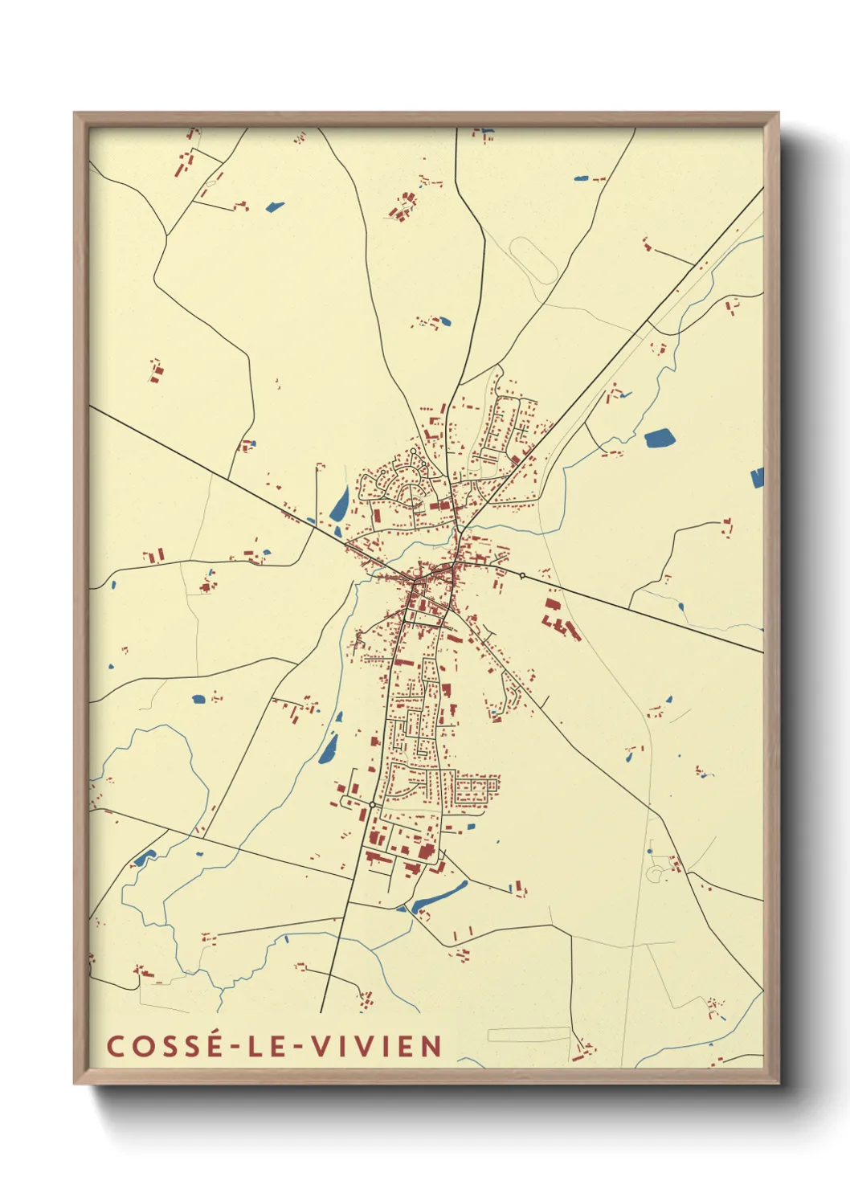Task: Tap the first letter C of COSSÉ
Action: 116,1046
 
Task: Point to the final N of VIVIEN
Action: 431,1046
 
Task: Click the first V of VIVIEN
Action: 321,1046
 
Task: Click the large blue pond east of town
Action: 660,438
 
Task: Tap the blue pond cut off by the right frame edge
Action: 757,478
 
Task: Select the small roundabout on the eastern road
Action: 522,575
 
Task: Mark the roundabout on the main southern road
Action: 372,804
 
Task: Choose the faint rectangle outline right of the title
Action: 528,1035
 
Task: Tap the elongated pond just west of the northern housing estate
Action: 339,504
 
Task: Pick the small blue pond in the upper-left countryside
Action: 275,206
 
